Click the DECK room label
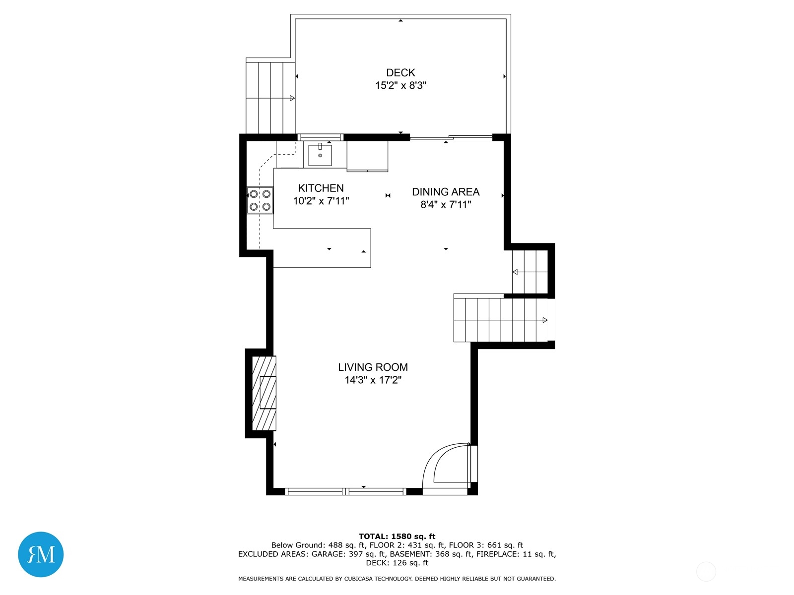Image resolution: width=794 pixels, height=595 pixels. point(400,72)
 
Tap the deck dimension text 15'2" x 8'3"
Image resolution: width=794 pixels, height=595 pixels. point(400,86)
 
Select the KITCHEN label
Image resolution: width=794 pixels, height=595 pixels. point(321,188)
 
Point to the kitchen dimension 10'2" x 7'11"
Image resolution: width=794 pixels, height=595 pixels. point(321,201)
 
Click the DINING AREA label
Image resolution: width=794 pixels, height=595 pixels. point(446,192)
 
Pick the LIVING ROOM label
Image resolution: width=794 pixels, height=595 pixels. point(373,367)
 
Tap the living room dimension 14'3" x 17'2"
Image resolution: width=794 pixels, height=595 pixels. point(373,380)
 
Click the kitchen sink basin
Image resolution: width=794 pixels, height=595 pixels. point(320,155)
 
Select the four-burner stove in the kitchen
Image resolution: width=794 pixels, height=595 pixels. point(260,200)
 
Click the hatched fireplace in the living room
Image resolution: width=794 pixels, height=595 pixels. point(264,393)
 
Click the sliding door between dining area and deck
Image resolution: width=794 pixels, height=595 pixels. point(451,137)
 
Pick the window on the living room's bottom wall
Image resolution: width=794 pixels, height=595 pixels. point(345,491)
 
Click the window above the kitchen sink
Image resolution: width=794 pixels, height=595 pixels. point(320,137)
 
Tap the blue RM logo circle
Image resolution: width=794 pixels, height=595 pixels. point(41,554)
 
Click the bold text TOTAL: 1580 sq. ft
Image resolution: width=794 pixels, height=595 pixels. point(397,536)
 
